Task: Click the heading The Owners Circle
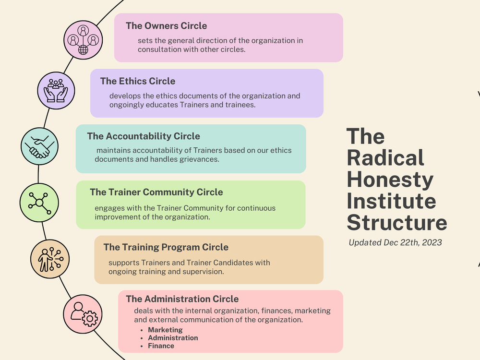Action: pos(166,26)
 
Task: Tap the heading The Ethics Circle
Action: pos(138,81)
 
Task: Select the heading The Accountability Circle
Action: pos(144,136)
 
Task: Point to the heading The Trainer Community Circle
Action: pos(156,192)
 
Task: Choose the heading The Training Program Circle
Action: pos(166,247)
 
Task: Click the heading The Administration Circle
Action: pos(182,299)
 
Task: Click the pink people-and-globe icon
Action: pos(84,39)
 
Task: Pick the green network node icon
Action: pos(39,201)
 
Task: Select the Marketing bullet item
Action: pos(165,330)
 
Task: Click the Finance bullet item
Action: pos(161,346)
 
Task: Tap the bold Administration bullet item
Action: pos(173,338)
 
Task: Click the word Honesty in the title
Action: pos(390,180)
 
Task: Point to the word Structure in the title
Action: pos(396,223)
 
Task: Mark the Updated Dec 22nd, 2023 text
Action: pos(395,242)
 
